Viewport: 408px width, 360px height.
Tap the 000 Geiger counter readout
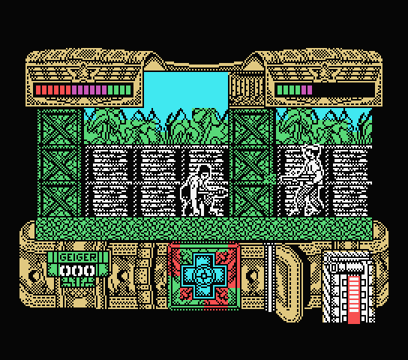[x=77, y=271]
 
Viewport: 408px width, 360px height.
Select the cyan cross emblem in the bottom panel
[x=204, y=276]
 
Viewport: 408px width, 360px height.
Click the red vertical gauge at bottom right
[x=353, y=300]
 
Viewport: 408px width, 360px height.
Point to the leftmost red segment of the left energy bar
[x=38, y=90]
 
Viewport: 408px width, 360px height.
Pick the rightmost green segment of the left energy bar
[x=128, y=90]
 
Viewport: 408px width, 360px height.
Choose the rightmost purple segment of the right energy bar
[x=310, y=90]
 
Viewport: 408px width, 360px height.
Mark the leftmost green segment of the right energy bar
[x=280, y=90]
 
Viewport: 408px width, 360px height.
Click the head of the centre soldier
[x=204, y=172]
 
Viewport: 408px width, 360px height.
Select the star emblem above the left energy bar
[x=83, y=72]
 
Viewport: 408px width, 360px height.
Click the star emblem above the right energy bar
[x=324, y=72]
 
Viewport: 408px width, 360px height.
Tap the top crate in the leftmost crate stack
[x=59, y=127]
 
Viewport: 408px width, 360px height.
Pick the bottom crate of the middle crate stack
[x=251, y=199]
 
